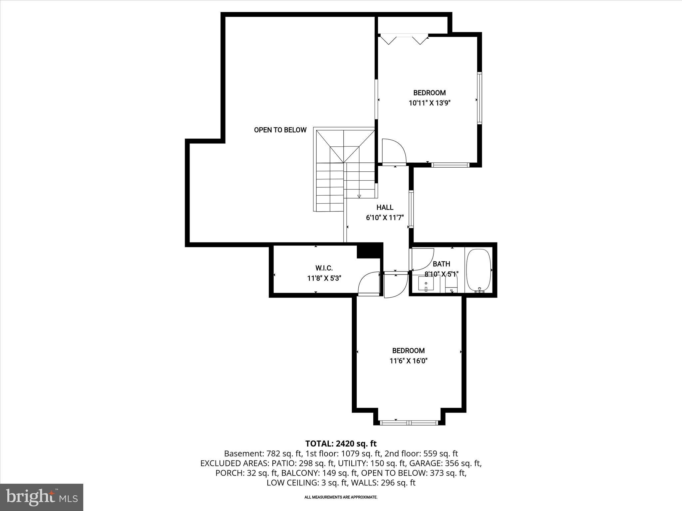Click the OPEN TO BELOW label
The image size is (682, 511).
click(x=280, y=130)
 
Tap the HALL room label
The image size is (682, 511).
click(x=385, y=208)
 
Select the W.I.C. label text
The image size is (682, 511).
click(x=324, y=268)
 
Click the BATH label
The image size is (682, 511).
click(x=441, y=264)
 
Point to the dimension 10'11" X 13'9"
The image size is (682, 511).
click(x=429, y=103)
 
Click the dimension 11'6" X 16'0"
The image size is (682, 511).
click(x=408, y=361)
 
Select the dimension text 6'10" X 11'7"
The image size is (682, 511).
click(x=385, y=218)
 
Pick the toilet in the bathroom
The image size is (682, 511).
click(x=452, y=285)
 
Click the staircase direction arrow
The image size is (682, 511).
click(x=359, y=196)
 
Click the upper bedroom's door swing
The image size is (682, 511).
click(x=393, y=152)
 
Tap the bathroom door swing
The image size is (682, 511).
click(x=422, y=259)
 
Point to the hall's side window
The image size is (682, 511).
click(x=411, y=209)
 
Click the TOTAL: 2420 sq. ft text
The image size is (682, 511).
click(x=341, y=443)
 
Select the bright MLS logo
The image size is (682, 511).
click(x=42, y=497)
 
